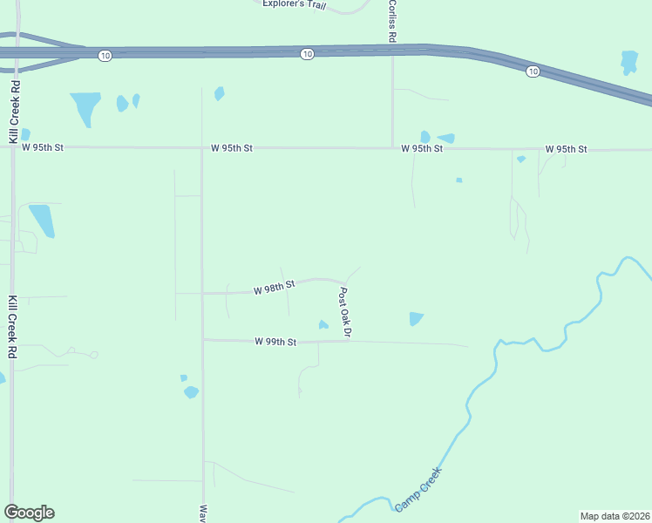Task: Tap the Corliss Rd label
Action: pyautogui.click(x=392, y=20)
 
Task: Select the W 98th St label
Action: pyautogui.click(x=275, y=288)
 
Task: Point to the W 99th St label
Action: pyautogui.click(x=276, y=343)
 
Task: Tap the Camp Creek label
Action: pyautogui.click(x=418, y=490)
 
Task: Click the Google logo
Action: pyautogui.click(x=29, y=513)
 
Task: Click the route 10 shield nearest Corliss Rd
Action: pyautogui.click(x=307, y=54)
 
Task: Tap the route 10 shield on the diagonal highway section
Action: pyautogui.click(x=532, y=71)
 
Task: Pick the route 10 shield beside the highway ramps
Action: pyautogui.click(x=105, y=56)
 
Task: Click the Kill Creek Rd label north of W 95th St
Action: pyautogui.click(x=14, y=112)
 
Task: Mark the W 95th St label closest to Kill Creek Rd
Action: pyautogui.click(x=43, y=148)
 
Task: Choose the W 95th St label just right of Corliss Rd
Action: pyautogui.click(x=422, y=149)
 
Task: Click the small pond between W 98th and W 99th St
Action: pyautogui.click(x=323, y=326)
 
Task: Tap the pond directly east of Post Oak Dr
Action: pyautogui.click(x=417, y=319)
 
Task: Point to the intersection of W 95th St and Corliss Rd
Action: pyautogui.click(x=392, y=148)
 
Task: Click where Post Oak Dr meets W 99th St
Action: pyautogui.click(x=349, y=341)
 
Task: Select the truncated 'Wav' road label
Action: pyautogui.click(x=203, y=513)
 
